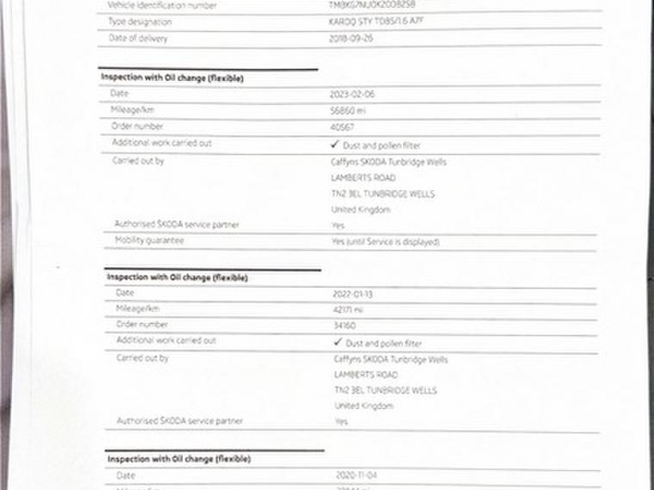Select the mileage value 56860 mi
pyautogui.click(x=348, y=110)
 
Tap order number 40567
pyautogui.click(x=342, y=127)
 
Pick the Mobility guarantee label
pyautogui.click(x=149, y=241)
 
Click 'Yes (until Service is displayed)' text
pyautogui.click(x=385, y=242)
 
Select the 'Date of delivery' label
pyautogui.click(x=138, y=39)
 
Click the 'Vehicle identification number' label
pyautogui.click(x=162, y=5)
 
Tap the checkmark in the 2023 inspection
pyautogui.click(x=334, y=145)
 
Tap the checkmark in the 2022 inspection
pyautogui.click(x=338, y=342)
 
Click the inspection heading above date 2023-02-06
pyautogui.click(x=172, y=78)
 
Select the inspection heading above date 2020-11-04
pyautogui.click(x=178, y=459)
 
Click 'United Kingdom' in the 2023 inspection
pyautogui.click(x=360, y=209)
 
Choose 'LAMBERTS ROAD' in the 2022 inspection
pyautogui.click(x=365, y=375)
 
